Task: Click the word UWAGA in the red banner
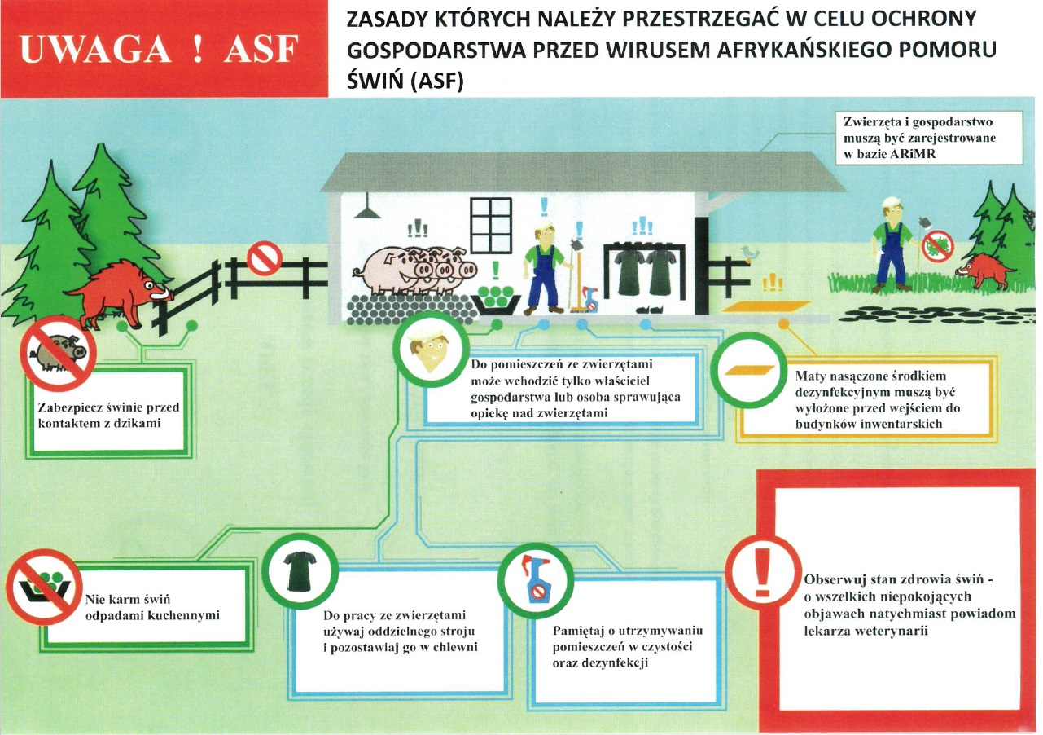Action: click(x=95, y=49)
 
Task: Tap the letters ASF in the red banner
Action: click(x=261, y=49)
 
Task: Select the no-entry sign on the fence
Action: click(x=264, y=257)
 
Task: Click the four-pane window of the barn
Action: click(x=491, y=226)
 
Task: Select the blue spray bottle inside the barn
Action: click(x=591, y=299)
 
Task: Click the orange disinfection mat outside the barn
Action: click(x=766, y=307)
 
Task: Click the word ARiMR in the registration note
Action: click(x=912, y=154)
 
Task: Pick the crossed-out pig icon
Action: click(x=58, y=354)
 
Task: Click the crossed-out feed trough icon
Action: click(x=44, y=587)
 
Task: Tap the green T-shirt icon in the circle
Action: click(x=300, y=571)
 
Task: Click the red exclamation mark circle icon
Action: click(x=763, y=572)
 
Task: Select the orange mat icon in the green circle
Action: click(x=749, y=371)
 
